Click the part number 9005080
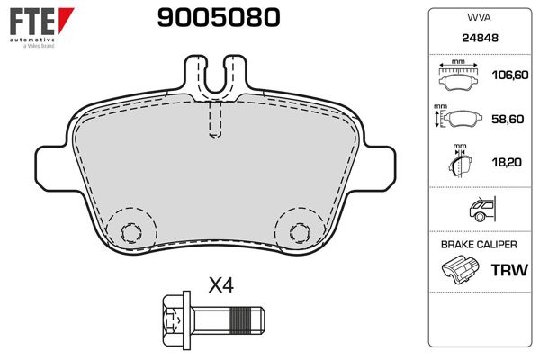tap(219, 18)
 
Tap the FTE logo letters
tap(32, 21)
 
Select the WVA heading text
tap(479, 17)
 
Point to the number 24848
tap(480, 38)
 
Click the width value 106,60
tap(510, 75)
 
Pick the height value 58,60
tap(508, 119)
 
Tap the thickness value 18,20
tap(507, 162)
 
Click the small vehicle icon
tap(482, 209)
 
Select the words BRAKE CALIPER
tap(479, 245)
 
